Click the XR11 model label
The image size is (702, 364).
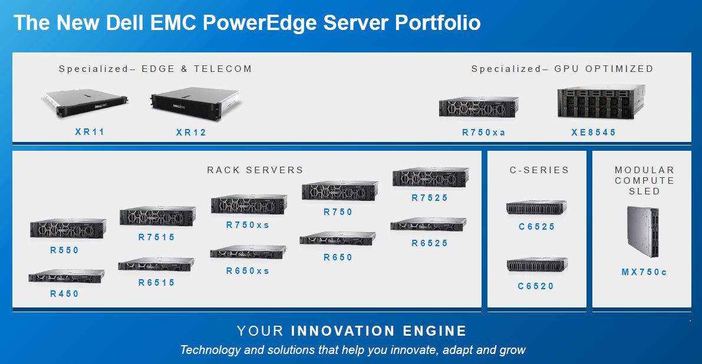(90, 132)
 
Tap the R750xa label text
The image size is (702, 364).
(484, 133)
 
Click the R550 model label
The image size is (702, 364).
(65, 250)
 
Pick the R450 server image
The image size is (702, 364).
(66, 276)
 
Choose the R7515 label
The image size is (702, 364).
(157, 237)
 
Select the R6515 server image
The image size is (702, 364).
(156, 264)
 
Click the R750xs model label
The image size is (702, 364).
(248, 224)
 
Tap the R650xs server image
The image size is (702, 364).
(248, 252)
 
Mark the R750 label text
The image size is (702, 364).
(338, 212)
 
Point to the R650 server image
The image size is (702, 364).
(337, 238)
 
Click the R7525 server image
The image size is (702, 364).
(430, 177)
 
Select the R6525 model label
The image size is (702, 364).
(430, 243)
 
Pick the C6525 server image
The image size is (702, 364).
(536, 207)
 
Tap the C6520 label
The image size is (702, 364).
(536, 286)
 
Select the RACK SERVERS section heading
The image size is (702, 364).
(255, 170)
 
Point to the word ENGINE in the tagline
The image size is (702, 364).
(435, 330)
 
